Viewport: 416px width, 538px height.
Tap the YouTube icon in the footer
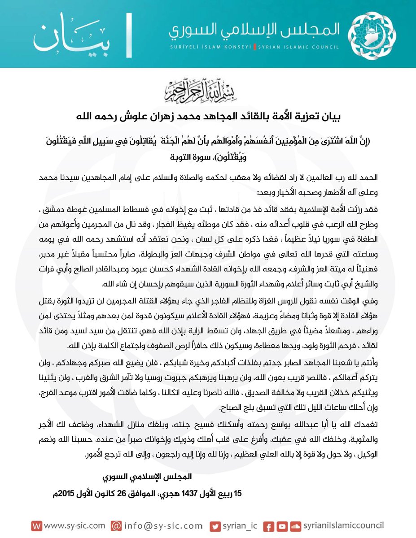[x=282, y=525]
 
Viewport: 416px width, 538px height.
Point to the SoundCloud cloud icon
[x=295, y=525]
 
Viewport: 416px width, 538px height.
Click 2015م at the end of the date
[x=65, y=494]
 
